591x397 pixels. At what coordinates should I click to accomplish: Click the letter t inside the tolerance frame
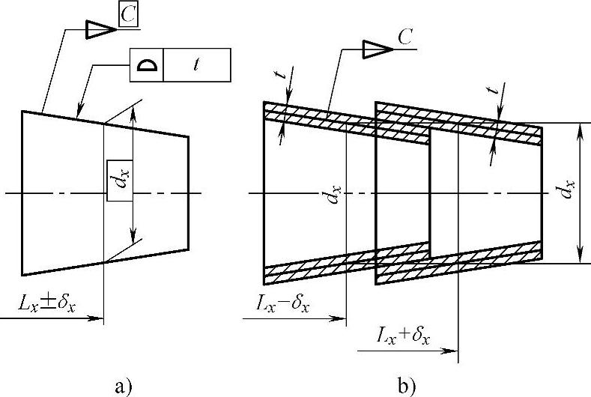[196, 65]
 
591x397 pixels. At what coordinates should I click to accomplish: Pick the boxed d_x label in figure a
[120, 180]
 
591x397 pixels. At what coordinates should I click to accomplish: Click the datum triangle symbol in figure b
[377, 49]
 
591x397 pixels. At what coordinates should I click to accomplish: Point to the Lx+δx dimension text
[404, 336]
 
